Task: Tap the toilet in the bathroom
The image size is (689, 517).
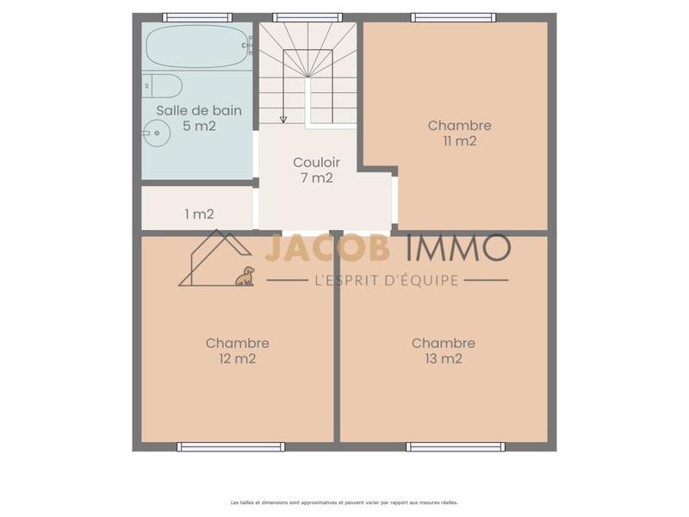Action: (x=163, y=85)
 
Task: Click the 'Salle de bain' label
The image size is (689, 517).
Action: (x=199, y=110)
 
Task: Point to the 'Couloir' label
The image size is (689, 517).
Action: (x=317, y=162)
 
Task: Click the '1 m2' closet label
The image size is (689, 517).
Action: (x=199, y=214)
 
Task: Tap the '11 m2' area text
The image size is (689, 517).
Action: (x=459, y=141)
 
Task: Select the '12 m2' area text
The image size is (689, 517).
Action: (x=237, y=359)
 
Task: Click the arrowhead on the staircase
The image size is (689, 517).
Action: (x=282, y=119)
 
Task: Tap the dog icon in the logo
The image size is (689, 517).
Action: (x=245, y=276)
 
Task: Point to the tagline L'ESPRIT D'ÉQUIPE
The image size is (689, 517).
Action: (x=387, y=280)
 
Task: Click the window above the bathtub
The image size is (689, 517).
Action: (x=196, y=17)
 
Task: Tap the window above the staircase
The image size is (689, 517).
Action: (x=307, y=17)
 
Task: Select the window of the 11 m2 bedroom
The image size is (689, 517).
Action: (x=453, y=17)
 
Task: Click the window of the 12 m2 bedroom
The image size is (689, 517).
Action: (x=231, y=446)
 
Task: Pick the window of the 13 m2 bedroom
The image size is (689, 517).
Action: (x=455, y=446)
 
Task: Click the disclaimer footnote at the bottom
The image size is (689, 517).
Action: (x=344, y=502)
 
